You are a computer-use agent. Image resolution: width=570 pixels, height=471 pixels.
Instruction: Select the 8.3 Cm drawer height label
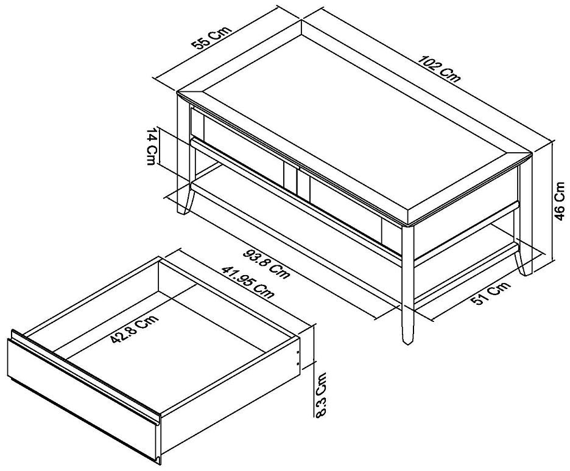coord(322,394)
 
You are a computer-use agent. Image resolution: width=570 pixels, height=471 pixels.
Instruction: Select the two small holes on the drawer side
coord(298,356)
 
